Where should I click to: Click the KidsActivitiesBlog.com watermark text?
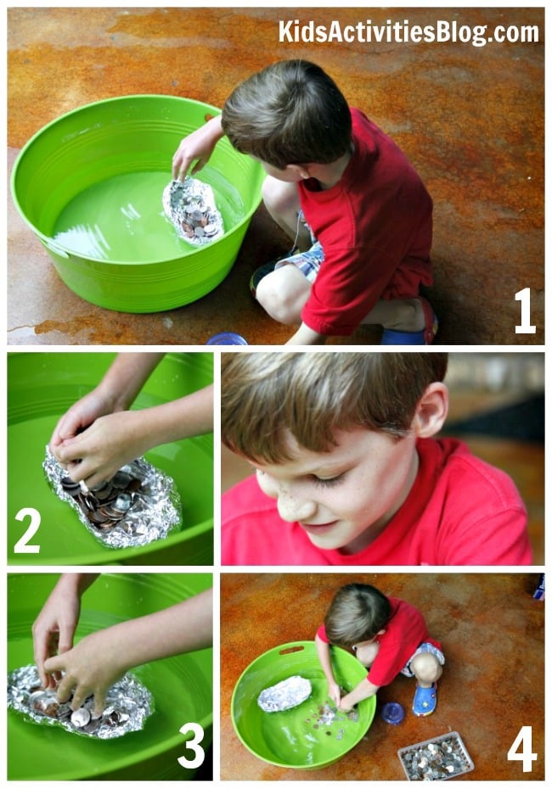click(x=408, y=32)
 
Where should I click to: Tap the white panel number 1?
click(x=525, y=310)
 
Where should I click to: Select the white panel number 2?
click(x=27, y=531)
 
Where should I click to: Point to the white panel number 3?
click(x=191, y=746)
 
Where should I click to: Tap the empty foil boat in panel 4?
click(x=284, y=694)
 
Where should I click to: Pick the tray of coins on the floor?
click(x=436, y=756)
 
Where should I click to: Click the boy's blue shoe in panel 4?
click(x=424, y=699)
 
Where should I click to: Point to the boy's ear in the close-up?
click(x=431, y=410)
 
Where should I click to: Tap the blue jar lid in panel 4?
click(x=392, y=713)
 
